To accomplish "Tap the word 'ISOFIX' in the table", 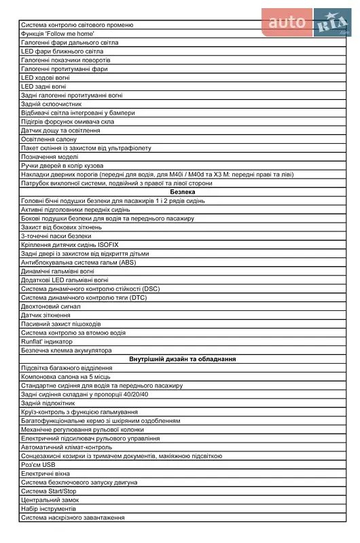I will (x=107, y=244).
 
